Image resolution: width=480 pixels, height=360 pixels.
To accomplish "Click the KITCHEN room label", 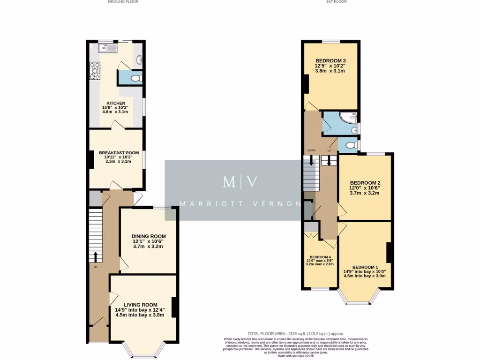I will click(115, 103).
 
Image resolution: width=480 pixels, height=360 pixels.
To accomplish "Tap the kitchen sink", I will click(107, 47).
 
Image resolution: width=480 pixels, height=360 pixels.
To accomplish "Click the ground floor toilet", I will click(135, 78).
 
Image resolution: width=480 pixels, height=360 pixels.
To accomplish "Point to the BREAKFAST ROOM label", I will click(119, 153).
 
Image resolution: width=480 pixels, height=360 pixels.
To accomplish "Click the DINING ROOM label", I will click(148, 236).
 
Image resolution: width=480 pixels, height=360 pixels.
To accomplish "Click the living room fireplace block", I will click(174, 308).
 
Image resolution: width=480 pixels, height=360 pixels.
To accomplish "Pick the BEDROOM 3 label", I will click(330, 61).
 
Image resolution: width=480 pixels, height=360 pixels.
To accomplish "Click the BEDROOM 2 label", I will click(365, 183).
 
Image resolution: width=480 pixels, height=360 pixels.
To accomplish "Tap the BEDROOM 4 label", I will click(320, 257).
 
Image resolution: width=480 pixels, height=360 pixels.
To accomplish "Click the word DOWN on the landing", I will click(311, 150).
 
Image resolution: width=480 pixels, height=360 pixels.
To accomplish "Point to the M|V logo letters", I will click(240, 182).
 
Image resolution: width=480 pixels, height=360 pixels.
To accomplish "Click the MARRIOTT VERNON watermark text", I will click(240, 204).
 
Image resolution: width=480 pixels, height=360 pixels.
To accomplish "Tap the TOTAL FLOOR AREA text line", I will click(296, 334).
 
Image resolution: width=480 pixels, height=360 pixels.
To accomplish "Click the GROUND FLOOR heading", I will click(123, 2).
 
